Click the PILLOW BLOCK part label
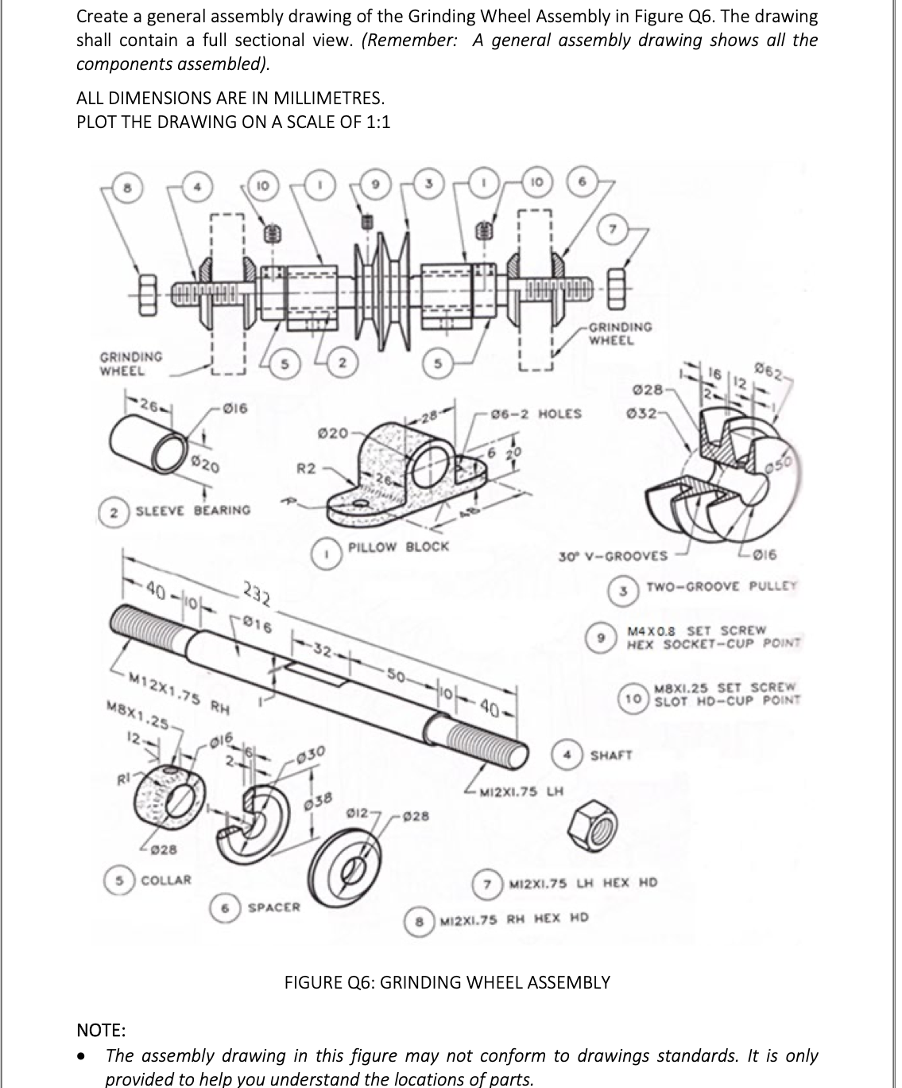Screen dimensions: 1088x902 398,546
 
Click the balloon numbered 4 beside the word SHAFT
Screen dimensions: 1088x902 568,754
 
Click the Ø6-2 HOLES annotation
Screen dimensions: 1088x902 536,414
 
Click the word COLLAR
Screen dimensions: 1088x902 166,880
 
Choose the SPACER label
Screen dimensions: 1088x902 274,907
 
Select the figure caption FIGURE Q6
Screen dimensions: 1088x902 447,981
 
